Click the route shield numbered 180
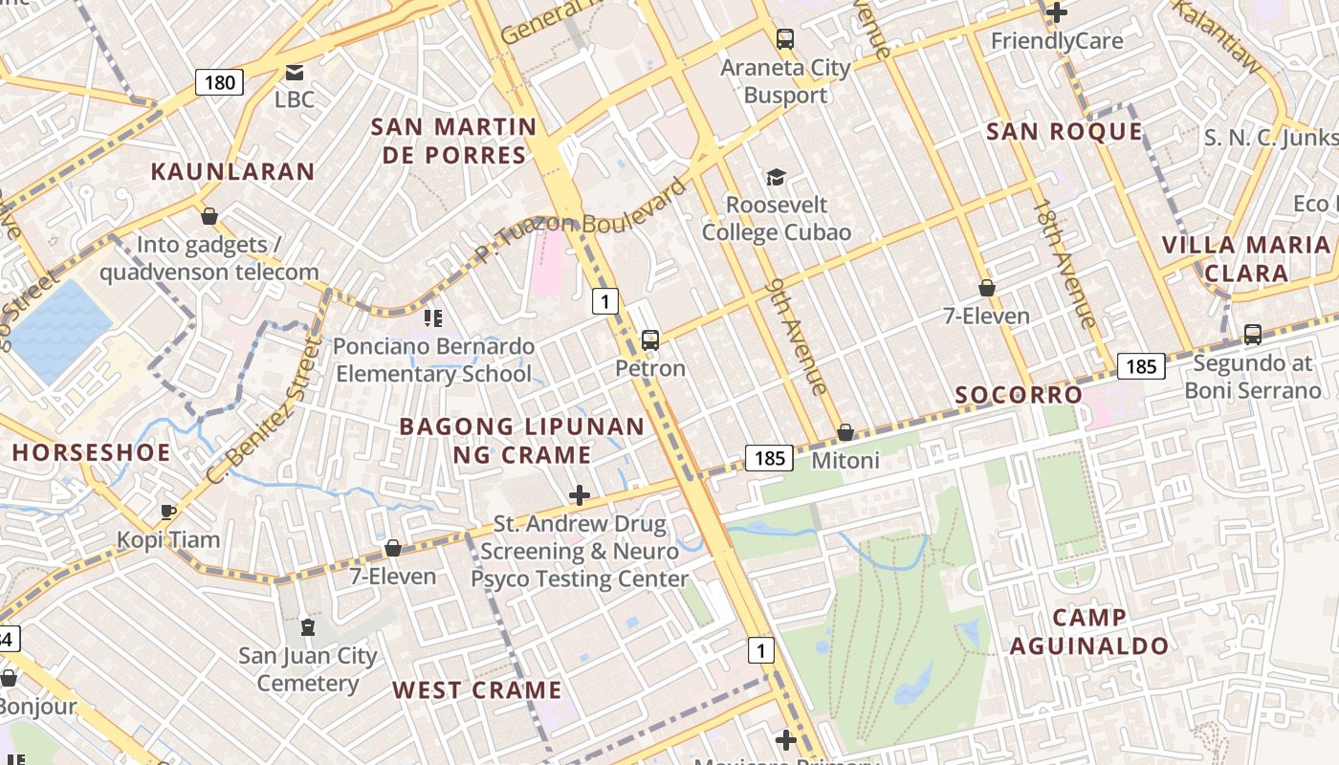tap(219, 82)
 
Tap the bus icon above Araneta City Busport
tap(785, 39)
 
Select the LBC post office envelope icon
tap(295, 73)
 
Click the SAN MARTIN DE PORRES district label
tap(453, 141)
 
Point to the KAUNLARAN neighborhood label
tap(232, 172)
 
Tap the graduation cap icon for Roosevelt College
tap(776, 178)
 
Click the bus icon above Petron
tap(650, 339)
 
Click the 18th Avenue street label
tap(1065, 264)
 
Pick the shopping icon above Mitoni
tap(845, 433)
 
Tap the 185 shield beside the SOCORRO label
tap(1140, 366)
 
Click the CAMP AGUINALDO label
tap(1089, 631)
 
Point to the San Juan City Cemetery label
tap(308, 669)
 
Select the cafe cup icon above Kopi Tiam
tap(168, 512)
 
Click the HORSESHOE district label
tap(91, 452)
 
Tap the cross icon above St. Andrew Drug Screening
tap(580, 495)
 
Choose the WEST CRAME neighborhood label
tap(476, 690)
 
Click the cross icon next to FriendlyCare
tap(1057, 12)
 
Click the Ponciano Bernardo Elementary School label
tap(433, 360)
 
